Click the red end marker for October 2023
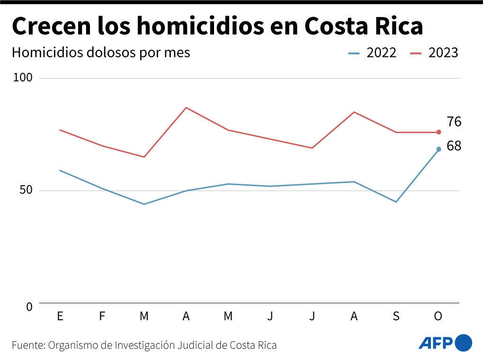click(438, 132)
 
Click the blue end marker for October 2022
click(438, 149)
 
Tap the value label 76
click(454, 122)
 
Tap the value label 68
click(454, 146)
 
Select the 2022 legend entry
click(373, 53)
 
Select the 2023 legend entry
click(435, 53)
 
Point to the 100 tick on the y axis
click(23, 78)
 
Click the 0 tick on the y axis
click(29, 307)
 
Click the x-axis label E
click(60, 316)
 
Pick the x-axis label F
click(102, 316)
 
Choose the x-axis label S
click(396, 316)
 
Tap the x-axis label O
click(438, 316)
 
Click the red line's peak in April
click(186, 108)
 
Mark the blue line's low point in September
click(396, 202)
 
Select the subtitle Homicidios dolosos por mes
click(101, 53)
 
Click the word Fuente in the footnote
click(27, 345)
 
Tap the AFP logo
click(445, 342)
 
